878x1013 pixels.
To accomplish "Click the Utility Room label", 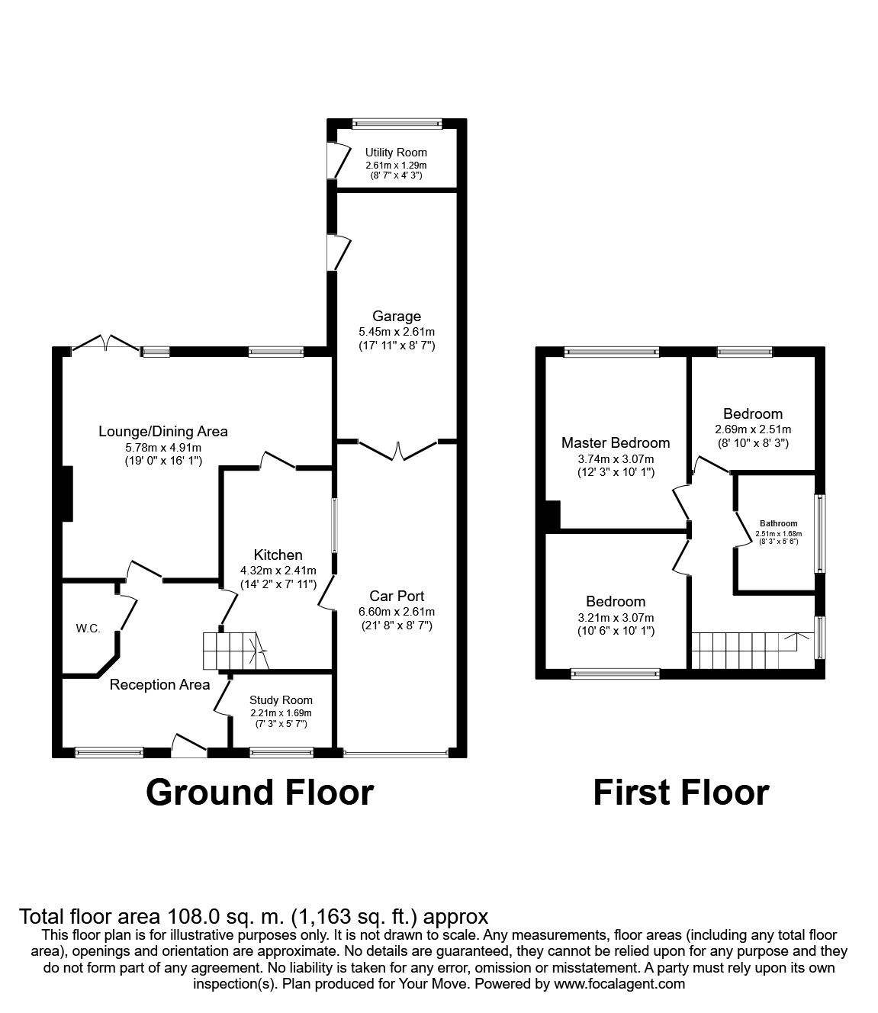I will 396,153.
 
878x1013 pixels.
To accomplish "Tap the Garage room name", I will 396,316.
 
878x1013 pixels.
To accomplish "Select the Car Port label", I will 396,596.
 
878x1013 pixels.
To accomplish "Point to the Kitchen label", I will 278,555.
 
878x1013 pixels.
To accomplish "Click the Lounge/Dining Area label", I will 163,431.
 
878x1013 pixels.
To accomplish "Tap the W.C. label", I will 88,629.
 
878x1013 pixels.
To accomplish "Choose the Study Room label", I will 281,700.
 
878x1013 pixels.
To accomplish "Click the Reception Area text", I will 159,684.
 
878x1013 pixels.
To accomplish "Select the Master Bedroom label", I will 616,442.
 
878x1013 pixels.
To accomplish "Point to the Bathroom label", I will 777,523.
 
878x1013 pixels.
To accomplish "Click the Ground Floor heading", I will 259,793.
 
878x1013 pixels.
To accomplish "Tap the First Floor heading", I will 680,793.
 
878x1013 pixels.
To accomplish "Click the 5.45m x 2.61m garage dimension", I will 396,332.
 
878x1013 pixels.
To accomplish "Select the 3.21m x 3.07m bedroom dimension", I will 616,618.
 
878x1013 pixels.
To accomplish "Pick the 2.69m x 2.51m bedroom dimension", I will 752,429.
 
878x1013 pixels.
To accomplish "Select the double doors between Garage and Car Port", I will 397,450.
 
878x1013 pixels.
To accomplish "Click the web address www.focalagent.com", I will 619,984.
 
